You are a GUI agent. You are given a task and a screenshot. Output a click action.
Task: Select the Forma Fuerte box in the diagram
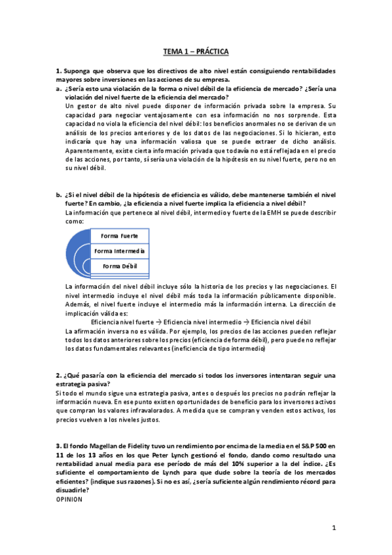tap(120, 236)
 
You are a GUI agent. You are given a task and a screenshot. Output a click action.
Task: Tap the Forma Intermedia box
tap(120, 251)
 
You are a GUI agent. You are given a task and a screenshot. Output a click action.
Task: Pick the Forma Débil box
tap(120, 266)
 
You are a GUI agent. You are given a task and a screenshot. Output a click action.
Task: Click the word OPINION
tap(69, 499)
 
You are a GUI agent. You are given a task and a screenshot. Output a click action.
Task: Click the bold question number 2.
tap(59, 375)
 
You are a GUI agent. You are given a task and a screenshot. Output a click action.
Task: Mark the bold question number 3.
tap(59, 446)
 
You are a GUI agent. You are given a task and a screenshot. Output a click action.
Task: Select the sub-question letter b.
tap(60, 195)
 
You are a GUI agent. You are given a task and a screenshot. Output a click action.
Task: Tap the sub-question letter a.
tap(60, 88)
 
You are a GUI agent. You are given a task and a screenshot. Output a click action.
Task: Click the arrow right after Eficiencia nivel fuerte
tap(159, 323)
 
